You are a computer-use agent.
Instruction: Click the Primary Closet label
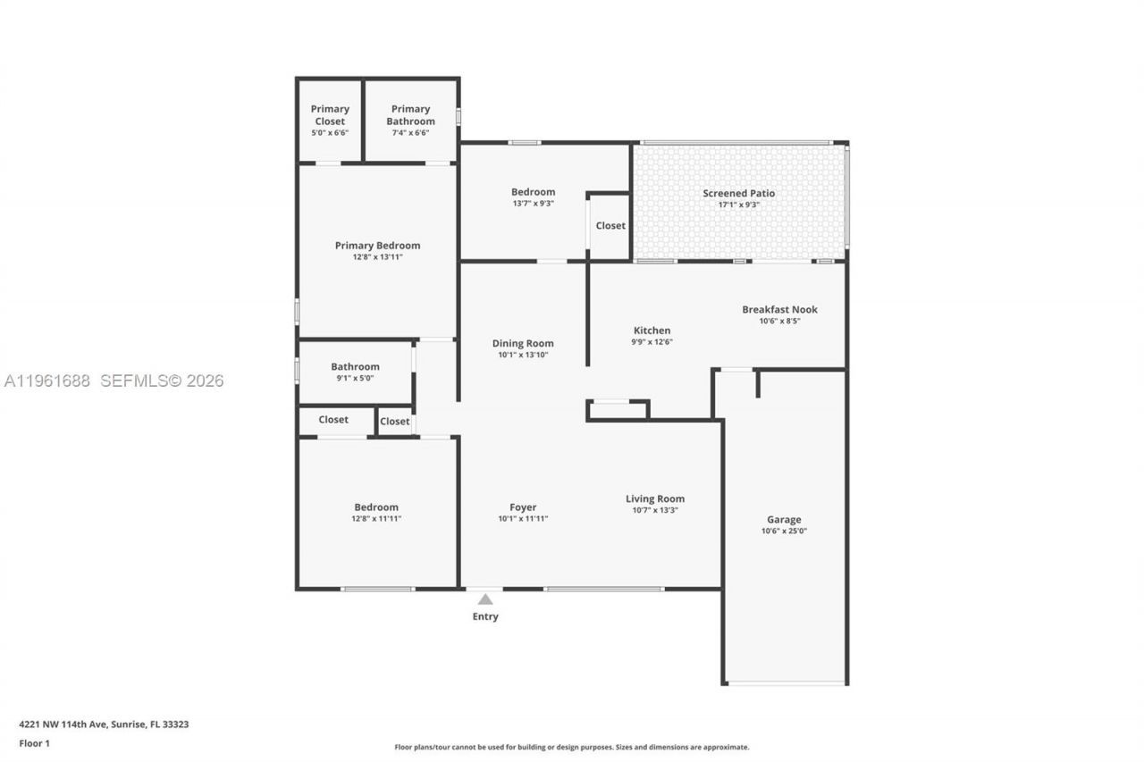[x=330, y=115]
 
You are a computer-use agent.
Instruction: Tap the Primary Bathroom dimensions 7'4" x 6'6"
[x=410, y=133]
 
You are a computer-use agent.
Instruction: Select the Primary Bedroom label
[x=377, y=246]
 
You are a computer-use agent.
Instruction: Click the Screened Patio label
[x=738, y=193]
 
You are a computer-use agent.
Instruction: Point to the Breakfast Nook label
[x=779, y=310]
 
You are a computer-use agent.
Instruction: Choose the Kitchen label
[x=652, y=331]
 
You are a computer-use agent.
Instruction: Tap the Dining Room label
[x=523, y=343]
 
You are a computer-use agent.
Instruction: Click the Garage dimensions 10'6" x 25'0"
[x=784, y=532]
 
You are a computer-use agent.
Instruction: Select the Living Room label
[x=655, y=499]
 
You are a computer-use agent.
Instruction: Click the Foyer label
[x=523, y=507]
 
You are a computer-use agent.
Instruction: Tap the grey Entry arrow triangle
[x=485, y=599]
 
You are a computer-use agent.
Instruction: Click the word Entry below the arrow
[x=485, y=616]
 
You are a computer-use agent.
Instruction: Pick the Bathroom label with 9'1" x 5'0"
[x=355, y=366]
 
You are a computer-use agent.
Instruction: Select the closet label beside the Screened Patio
[x=610, y=226]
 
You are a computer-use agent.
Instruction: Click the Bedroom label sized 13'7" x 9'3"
[x=533, y=192]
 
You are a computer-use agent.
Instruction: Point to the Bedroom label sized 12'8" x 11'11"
[x=376, y=507]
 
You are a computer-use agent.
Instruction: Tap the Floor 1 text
[x=34, y=743]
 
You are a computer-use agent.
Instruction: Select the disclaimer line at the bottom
[x=572, y=747]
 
